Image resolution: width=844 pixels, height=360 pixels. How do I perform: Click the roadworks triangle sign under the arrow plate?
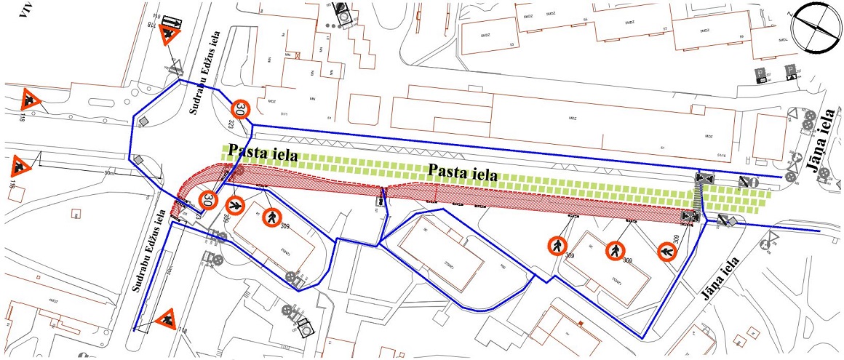170,36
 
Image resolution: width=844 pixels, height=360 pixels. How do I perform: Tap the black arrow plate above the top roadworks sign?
171,21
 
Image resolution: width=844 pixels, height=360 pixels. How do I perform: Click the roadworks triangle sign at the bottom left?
167,318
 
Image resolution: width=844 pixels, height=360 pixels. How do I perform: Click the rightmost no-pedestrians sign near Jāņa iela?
667,252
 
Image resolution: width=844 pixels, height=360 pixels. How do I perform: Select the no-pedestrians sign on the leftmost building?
271,215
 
